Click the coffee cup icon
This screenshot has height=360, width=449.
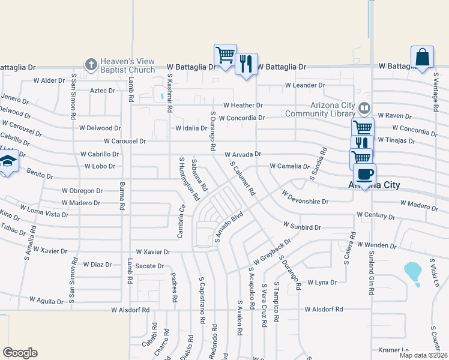click(x=364, y=175)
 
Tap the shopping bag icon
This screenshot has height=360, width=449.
click(x=423, y=58)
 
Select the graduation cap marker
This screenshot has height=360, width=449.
click(x=7, y=162)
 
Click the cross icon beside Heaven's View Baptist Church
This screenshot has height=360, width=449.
click(x=91, y=64)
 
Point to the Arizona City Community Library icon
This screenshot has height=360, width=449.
click(x=364, y=109)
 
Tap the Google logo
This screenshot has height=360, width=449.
click(x=20, y=353)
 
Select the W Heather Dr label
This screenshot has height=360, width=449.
click(x=243, y=105)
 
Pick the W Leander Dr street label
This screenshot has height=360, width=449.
click(x=305, y=85)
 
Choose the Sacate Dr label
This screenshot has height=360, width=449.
click(x=149, y=266)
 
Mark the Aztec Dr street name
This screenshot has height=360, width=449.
click(x=102, y=91)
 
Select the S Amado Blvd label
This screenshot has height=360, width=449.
click(x=228, y=226)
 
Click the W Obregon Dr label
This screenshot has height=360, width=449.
click(x=82, y=191)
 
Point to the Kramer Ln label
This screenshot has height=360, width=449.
click(x=393, y=350)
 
